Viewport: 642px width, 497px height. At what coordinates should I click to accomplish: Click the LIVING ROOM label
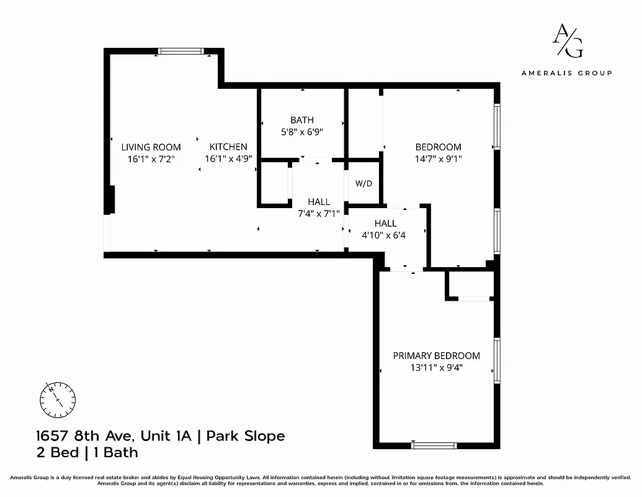click(x=151, y=147)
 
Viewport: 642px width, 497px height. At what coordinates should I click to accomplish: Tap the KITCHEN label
click(x=228, y=147)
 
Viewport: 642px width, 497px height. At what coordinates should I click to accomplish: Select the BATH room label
click(x=302, y=120)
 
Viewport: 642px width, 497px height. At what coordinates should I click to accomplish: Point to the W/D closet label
click(x=363, y=184)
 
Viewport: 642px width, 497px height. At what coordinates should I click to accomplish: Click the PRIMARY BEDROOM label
click(x=436, y=356)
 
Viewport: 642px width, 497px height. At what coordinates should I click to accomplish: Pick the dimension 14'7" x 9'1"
click(x=438, y=158)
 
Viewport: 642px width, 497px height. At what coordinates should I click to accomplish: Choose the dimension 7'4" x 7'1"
click(x=319, y=214)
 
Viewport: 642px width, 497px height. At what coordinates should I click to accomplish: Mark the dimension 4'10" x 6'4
click(x=385, y=235)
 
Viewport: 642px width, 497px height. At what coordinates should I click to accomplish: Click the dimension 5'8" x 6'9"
click(x=302, y=132)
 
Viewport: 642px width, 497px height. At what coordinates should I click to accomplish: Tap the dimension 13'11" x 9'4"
click(x=436, y=368)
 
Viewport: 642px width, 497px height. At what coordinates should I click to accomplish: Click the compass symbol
click(x=58, y=398)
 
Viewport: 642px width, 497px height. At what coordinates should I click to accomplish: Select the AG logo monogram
click(x=567, y=42)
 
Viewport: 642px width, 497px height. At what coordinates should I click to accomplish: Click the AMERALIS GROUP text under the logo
click(x=566, y=73)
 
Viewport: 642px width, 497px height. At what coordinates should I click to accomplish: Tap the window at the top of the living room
click(x=181, y=52)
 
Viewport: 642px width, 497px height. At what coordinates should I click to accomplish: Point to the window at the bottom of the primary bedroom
click(x=434, y=445)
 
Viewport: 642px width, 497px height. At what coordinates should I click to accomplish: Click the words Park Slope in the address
click(x=246, y=436)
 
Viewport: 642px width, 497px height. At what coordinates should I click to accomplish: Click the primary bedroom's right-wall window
click(x=496, y=360)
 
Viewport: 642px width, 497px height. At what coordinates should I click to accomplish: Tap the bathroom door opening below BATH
click(x=316, y=161)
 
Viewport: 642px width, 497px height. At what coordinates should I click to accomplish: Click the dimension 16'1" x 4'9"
click(x=228, y=158)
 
